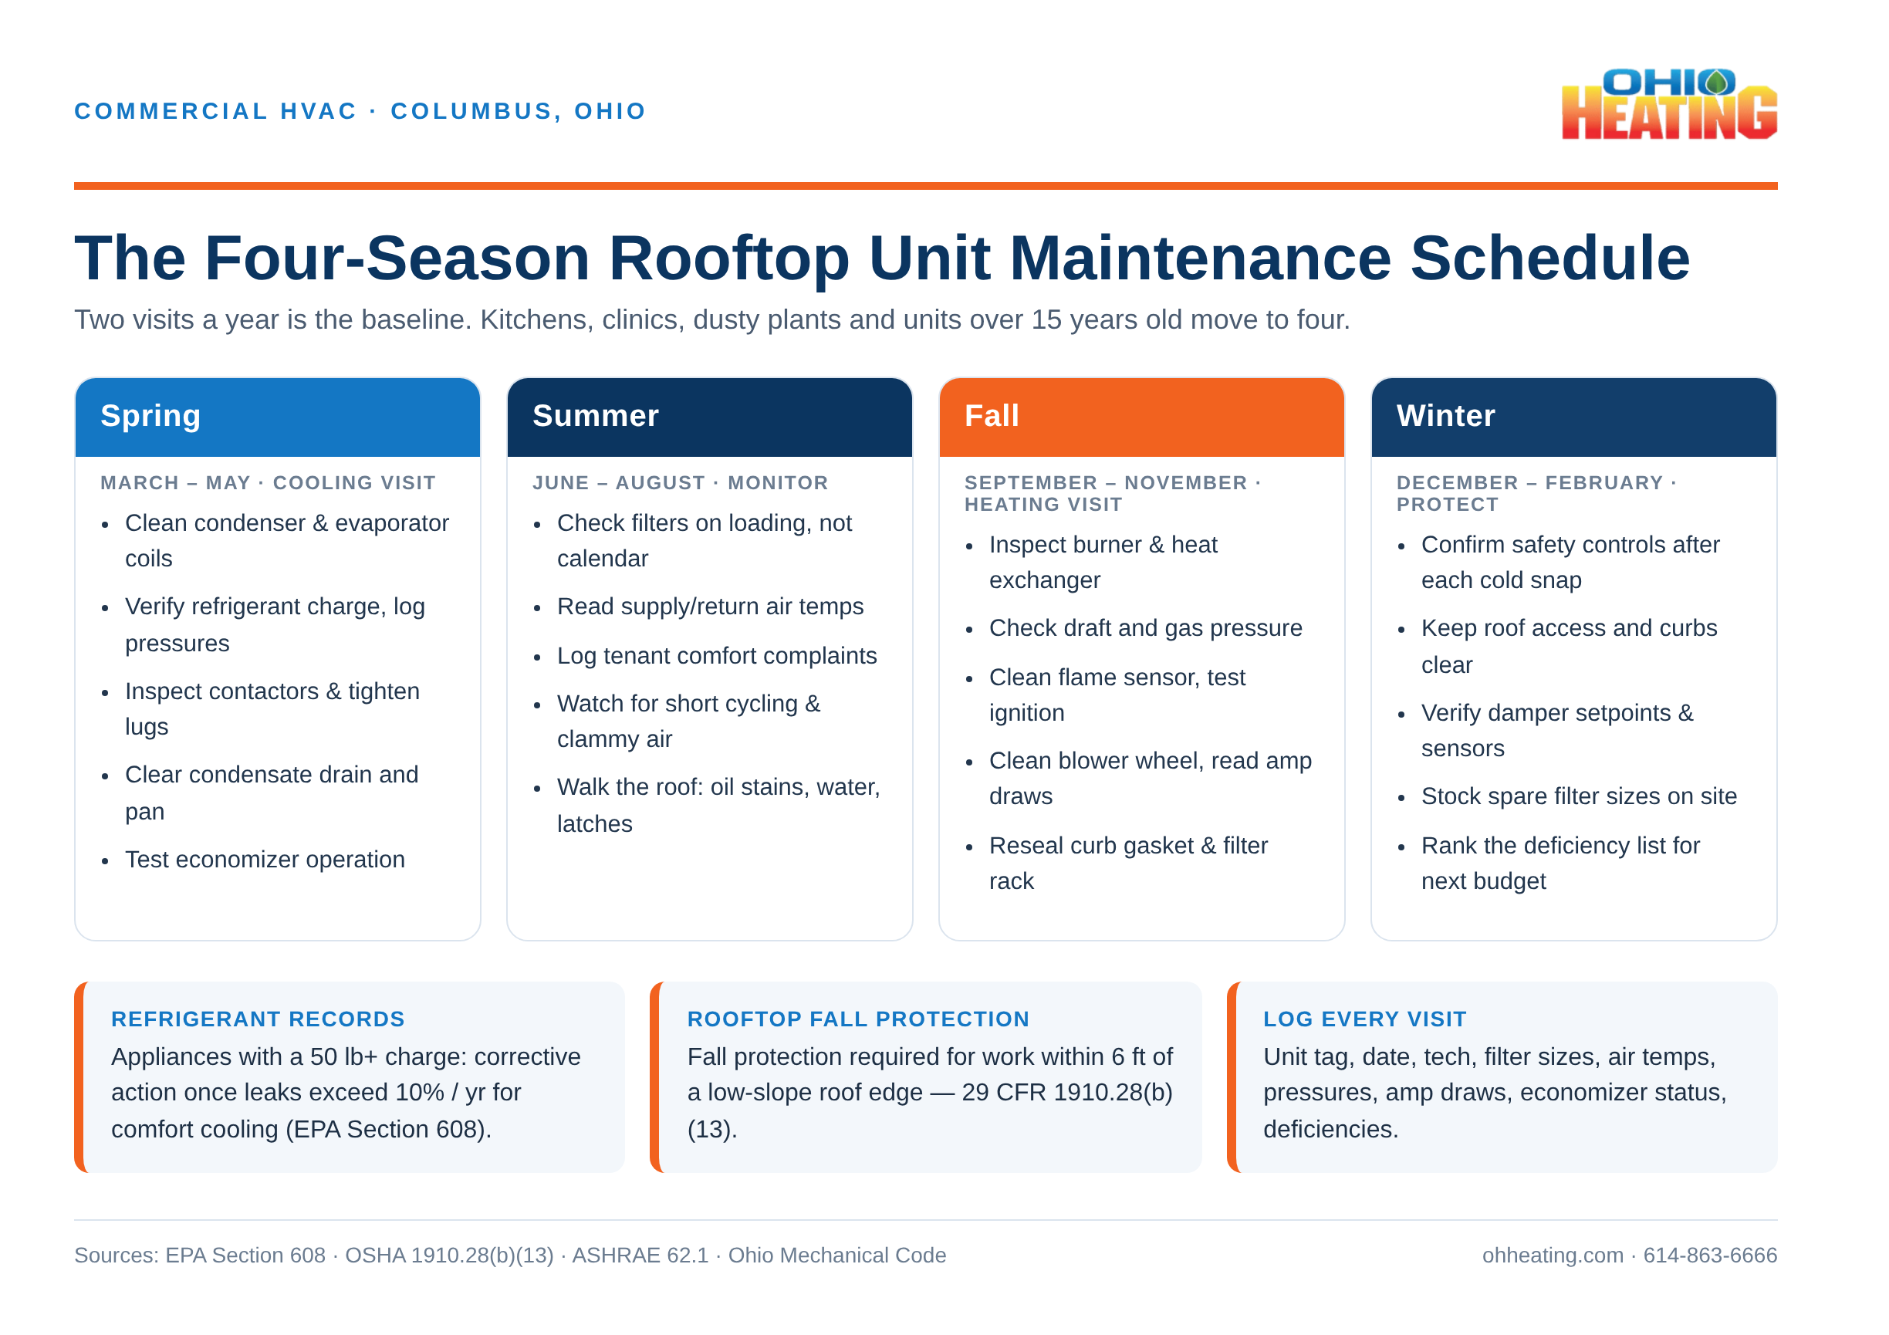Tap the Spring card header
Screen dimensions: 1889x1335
(277, 417)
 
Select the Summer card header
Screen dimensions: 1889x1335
(709, 417)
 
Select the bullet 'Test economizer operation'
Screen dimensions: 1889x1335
(265, 860)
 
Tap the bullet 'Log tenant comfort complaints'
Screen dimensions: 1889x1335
(717, 656)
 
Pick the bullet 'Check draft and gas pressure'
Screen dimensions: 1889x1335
(1145, 627)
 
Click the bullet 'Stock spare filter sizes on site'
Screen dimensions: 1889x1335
(1579, 796)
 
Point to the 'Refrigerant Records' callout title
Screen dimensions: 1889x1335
(258, 1019)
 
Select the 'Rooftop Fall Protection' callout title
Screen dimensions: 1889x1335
(858, 1019)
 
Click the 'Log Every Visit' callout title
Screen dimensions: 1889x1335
(1364, 1019)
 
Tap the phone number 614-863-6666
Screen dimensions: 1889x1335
(1710, 1256)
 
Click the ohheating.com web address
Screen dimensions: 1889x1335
(1553, 1256)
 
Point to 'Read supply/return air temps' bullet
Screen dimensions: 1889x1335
(710, 607)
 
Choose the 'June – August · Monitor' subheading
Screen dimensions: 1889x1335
(680, 483)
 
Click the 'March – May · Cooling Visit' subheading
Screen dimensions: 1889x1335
(268, 483)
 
